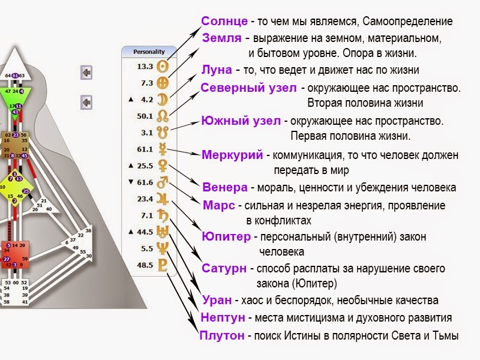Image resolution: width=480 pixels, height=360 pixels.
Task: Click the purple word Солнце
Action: click(225, 21)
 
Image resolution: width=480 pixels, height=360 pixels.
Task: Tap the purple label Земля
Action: click(222, 38)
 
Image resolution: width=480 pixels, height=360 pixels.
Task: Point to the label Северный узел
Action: click(248, 88)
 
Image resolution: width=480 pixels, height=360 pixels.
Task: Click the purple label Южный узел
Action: click(240, 121)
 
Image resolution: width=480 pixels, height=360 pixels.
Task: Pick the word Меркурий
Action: click(232, 155)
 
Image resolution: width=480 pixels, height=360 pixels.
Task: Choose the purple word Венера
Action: click(224, 187)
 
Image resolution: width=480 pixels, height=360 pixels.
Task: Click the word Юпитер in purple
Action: click(226, 236)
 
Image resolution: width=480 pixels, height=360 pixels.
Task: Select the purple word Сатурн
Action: click(223, 268)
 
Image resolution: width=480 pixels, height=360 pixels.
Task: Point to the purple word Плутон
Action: click(222, 335)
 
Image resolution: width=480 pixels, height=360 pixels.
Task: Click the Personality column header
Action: click(149, 52)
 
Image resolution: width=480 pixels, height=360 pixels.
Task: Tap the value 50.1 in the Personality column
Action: click(145, 116)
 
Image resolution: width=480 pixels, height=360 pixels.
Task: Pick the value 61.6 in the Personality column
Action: click(145, 182)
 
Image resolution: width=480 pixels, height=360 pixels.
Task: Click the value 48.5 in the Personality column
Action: click(145, 264)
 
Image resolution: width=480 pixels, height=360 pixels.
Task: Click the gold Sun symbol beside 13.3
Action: click(163, 67)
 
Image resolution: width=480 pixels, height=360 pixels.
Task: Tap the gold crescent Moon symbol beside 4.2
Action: click(163, 100)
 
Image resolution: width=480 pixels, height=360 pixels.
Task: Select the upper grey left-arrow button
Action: click(86, 73)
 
